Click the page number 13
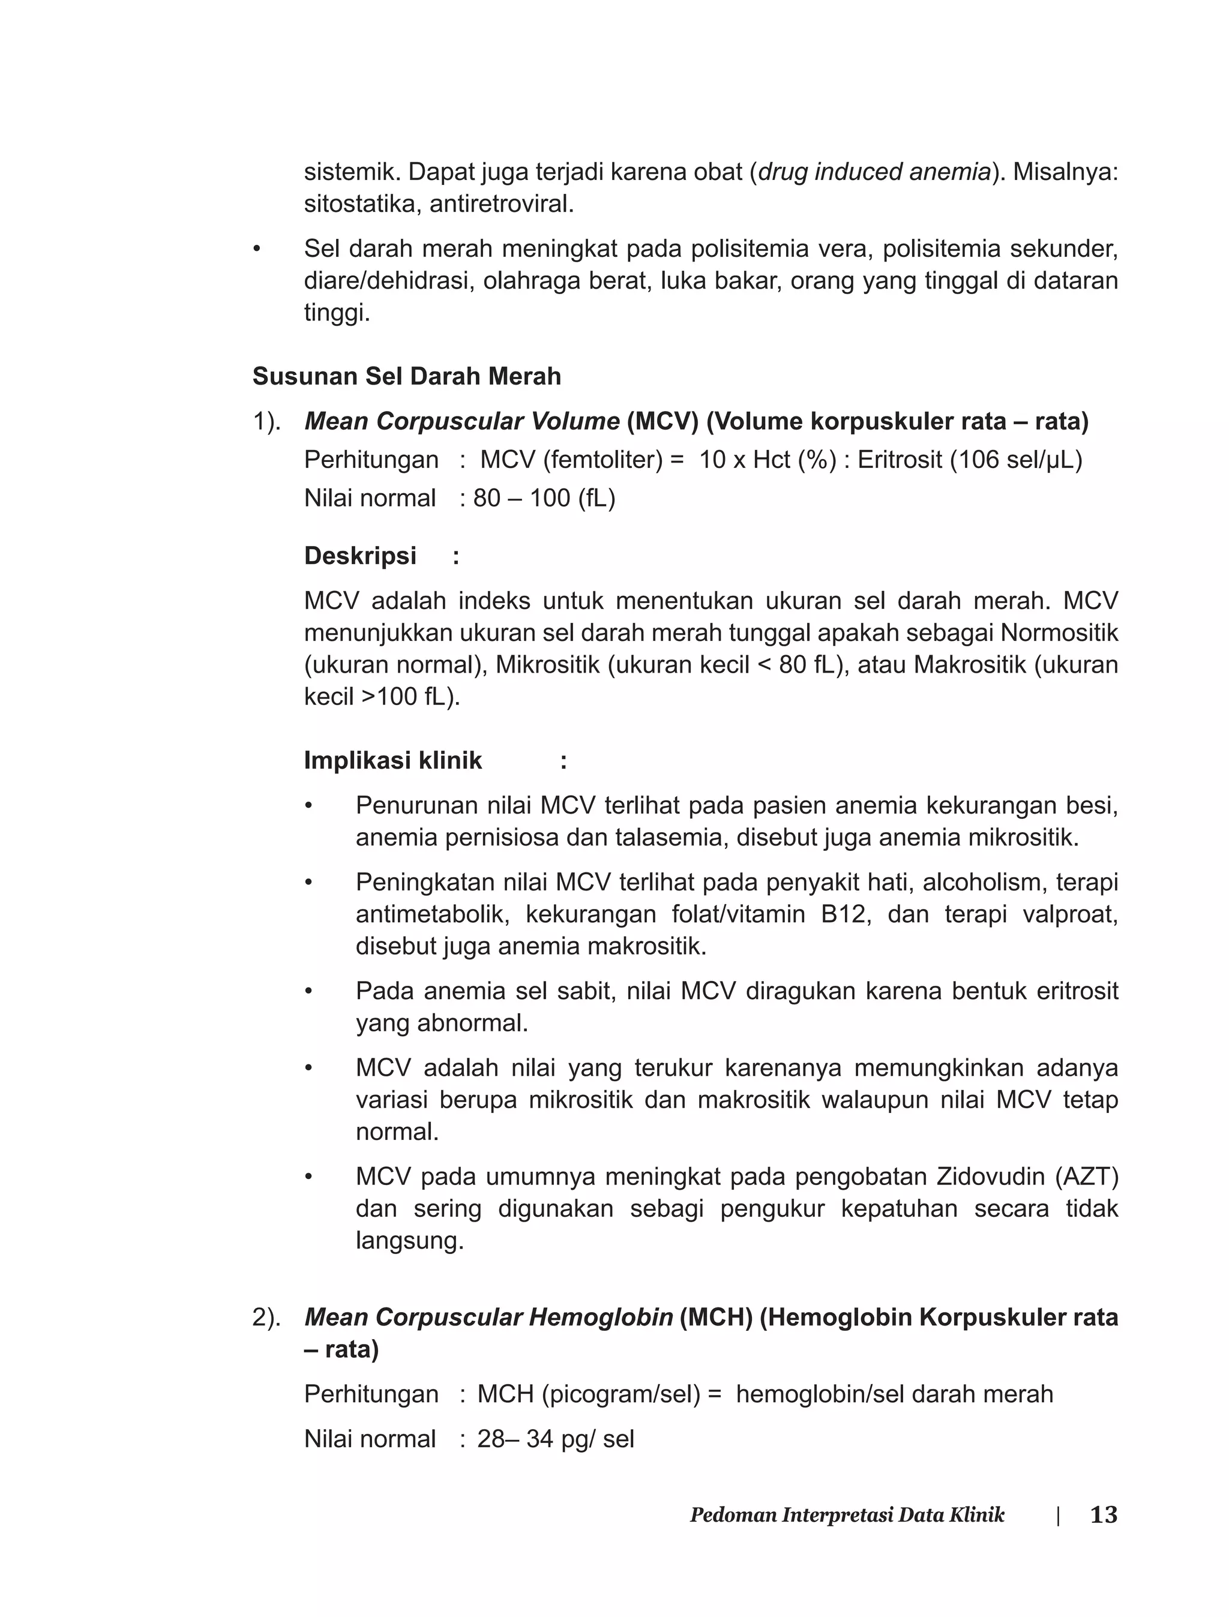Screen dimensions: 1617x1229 pos(1103,1514)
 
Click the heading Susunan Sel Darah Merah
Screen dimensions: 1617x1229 pos(407,376)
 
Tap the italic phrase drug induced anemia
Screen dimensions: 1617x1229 pos(874,172)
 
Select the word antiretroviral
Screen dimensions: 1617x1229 pos(501,204)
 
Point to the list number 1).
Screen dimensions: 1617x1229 pos(267,421)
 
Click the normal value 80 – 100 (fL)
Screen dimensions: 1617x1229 pos(544,498)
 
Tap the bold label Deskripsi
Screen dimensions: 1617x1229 pos(360,556)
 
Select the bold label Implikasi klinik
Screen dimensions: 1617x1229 pos(393,761)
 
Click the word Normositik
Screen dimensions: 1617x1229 pos(1059,632)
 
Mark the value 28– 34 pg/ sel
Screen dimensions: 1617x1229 pos(555,1439)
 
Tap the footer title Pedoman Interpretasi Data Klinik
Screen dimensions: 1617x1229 pos(847,1514)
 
